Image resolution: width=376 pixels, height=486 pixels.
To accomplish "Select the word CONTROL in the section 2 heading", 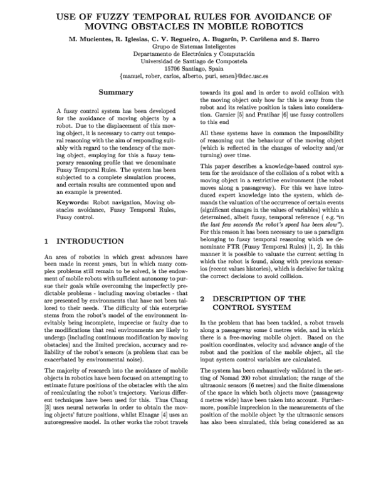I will click(x=235, y=308).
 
